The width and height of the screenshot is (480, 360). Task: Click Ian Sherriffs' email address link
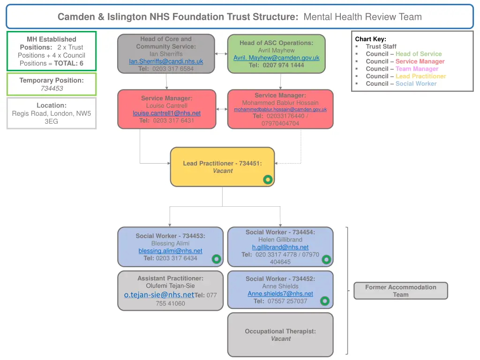[166, 61]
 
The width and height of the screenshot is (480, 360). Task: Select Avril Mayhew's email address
[276, 58]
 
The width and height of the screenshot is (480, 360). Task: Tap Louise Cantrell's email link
[166, 113]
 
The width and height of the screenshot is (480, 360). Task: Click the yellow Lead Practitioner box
[222, 167]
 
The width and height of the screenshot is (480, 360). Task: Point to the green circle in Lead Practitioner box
[268, 180]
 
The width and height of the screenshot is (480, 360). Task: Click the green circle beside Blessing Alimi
[216, 259]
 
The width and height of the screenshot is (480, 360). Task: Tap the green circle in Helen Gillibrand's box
[326, 259]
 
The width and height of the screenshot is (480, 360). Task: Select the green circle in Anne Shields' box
[325, 301]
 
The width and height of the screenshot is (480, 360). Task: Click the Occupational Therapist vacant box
[280, 335]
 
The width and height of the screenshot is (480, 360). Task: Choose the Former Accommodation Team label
[400, 291]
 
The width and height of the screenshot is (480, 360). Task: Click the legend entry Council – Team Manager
[402, 69]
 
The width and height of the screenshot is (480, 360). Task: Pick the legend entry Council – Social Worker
[401, 84]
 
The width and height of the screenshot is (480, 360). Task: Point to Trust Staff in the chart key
[381, 46]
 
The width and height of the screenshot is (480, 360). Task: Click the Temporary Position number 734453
[52, 88]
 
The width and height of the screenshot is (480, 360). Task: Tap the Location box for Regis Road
[52, 113]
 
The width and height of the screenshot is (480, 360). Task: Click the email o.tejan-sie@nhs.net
[159, 294]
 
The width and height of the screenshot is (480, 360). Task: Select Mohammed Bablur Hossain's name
[280, 103]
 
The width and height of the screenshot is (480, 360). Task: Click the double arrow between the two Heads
[221, 54]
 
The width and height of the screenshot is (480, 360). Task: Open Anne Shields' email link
[280, 293]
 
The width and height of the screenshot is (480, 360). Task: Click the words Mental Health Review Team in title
[362, 17]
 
